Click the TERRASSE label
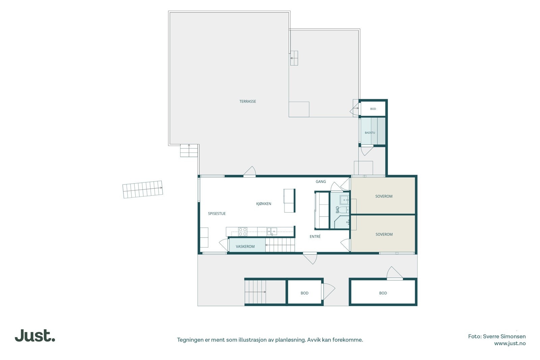(248, 102)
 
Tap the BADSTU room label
(370, 133)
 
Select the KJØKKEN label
(264, 203)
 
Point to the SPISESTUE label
(217, 214)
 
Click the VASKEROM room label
(245, 247)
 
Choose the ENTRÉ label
(315, 237)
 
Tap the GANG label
(321, 182)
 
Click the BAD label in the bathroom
(337, 210)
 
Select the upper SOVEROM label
(384, 196)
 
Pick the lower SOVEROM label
(384, 234)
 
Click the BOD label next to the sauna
(373, 109)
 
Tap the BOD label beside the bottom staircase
(304, 293)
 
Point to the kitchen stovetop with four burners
(243, 231)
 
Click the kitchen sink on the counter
(272, 231)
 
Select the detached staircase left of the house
(143, 190)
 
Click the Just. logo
(35, 335)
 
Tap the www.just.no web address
(510, 343)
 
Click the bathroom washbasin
(344, 200)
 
